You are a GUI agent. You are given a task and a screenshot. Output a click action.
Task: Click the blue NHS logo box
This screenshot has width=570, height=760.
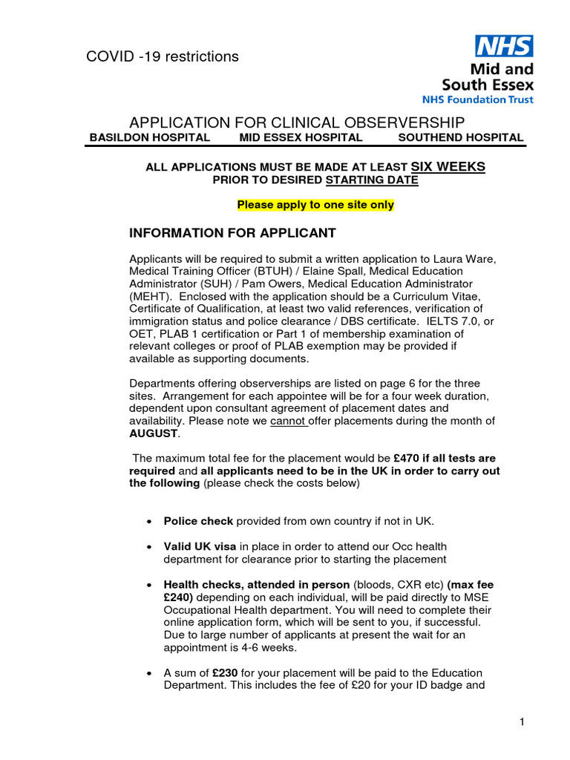[504, 47]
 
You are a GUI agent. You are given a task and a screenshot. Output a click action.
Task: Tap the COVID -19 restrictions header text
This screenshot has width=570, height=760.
[163, 56]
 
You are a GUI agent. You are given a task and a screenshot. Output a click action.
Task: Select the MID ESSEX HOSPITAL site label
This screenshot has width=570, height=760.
[301, 137]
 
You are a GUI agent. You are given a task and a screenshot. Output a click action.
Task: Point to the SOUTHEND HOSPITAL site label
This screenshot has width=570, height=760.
[460, 137]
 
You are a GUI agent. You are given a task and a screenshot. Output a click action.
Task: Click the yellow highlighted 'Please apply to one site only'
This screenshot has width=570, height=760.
[315, 205]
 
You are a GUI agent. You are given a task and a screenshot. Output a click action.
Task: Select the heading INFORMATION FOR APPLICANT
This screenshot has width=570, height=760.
[232, 233]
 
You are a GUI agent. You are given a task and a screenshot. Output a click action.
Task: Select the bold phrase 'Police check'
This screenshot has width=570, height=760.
[198, 521]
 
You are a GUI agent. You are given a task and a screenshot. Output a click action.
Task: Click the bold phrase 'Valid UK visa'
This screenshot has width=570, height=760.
[200, 547]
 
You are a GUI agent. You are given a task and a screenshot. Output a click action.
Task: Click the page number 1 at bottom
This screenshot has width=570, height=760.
[522, 721]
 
